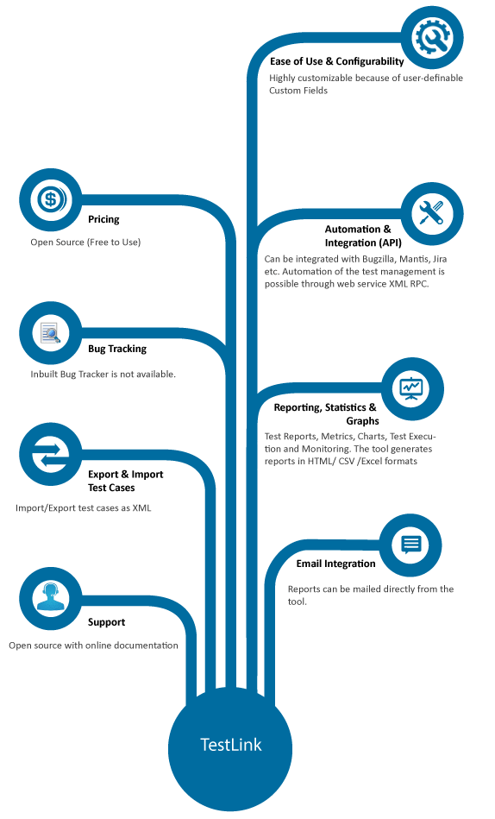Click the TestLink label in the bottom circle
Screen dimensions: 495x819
point(231,744)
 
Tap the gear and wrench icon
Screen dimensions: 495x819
point(433,37)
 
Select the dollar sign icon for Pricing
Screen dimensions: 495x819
point(51,199)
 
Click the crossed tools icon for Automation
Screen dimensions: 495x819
point(432,214)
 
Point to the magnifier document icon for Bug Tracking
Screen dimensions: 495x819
point(51,333)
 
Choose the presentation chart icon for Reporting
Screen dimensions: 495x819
point(412,388)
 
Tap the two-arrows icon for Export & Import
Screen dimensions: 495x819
point(51,454)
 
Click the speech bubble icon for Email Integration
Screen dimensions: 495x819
point(411,545)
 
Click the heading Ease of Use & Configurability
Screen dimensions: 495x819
point(337,61)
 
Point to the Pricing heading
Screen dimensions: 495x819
point(103,219)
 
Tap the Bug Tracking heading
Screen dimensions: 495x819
point(117,349)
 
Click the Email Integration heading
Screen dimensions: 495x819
point(335,564)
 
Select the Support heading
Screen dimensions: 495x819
point(107,622)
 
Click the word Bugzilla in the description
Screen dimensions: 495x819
point(379,259)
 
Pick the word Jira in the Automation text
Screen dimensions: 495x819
point(440,259)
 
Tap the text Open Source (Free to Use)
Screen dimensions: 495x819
point(85,242)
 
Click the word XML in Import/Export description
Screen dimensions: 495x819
point(141,507)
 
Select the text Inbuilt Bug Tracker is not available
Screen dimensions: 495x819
point(103,374)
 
